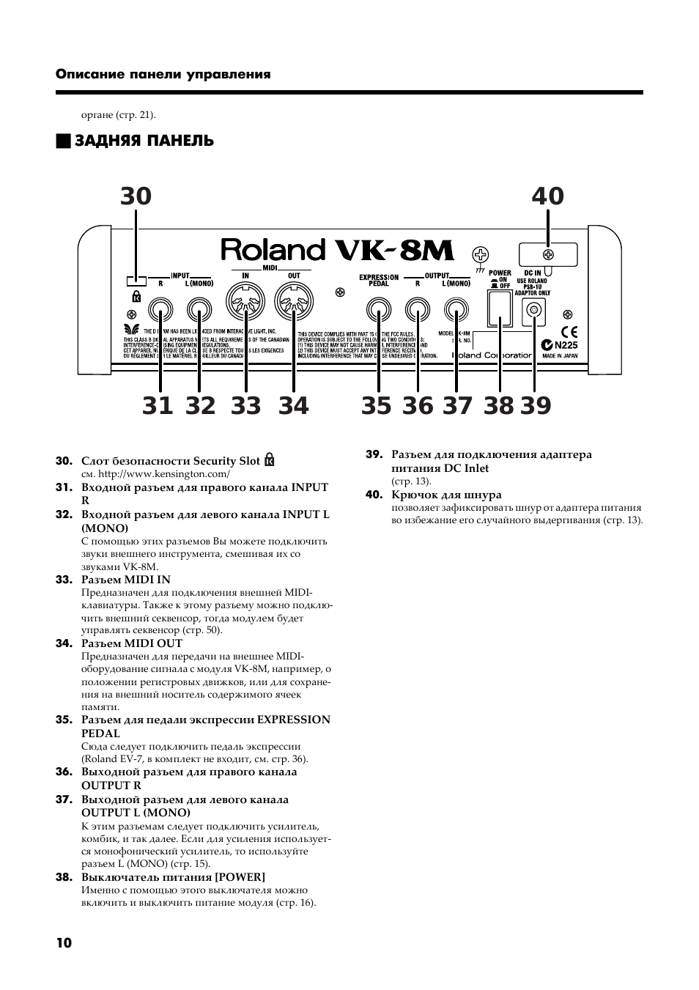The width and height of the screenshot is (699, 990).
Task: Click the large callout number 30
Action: tap(136, 196)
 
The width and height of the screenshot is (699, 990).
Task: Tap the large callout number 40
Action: tap(548, 196)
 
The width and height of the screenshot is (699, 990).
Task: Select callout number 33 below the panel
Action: tap(245, 405)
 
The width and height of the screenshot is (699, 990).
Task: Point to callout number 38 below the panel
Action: tap(499, 405)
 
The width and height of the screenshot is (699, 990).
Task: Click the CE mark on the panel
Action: tap(569, 330)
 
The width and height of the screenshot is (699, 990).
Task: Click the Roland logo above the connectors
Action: tap(273, 251)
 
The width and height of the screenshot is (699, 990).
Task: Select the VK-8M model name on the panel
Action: tap(394, 251)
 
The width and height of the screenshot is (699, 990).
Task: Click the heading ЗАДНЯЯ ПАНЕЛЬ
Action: tap(144, 141)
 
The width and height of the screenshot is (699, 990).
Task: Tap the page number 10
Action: tap(64, 942)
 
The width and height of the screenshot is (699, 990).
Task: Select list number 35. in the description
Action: tap(64, 720)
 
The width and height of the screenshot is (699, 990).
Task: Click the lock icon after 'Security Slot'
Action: tap(270, 461)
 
